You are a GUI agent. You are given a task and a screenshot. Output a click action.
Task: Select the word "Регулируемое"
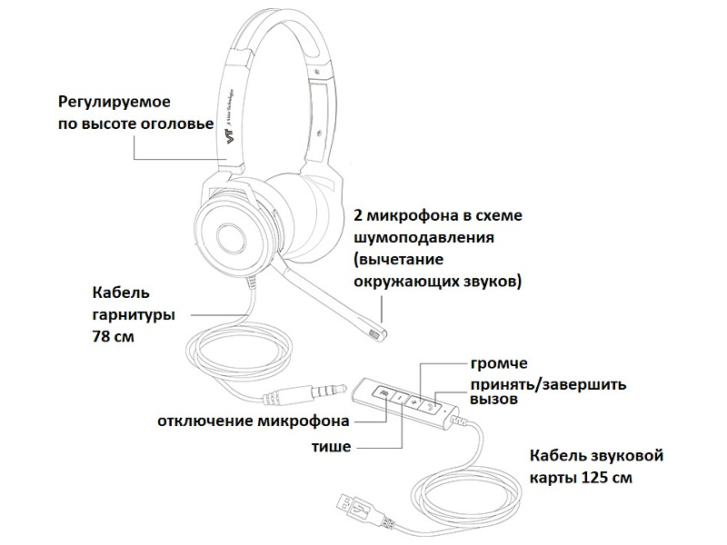pos(115,102)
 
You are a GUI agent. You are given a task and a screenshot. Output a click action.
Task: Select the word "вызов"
pos(493,399)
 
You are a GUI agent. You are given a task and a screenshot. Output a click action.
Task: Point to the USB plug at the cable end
pos(352,501)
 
